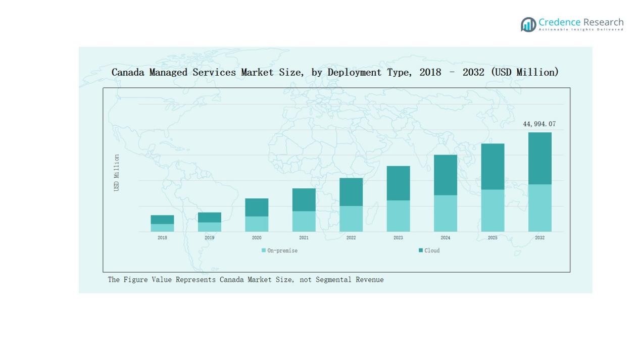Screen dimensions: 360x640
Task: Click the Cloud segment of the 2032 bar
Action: pos(539,158)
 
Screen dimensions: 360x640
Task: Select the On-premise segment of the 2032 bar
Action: pos(539,208)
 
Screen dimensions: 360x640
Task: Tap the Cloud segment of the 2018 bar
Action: pos(162,220)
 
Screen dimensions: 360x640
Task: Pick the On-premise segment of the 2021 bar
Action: pos(304,221)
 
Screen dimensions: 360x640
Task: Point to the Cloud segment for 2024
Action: pos(445,175)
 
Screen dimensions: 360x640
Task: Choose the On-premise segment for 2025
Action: pos(493,211)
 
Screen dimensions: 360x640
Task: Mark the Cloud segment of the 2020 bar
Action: pos(257,207)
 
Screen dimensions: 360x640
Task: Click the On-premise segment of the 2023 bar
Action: pos(398,216)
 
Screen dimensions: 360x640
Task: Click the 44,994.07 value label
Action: pos(539,124)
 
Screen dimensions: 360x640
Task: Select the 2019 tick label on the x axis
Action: pos(209,238)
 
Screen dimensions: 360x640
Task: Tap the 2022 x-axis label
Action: pos(351,238)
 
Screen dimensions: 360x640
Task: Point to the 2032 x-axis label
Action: pos(539,238)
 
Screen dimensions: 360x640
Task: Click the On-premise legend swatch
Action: pos(264,250)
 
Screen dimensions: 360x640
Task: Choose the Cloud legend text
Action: pos(432,250)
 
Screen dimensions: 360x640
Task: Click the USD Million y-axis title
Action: pos(117,173)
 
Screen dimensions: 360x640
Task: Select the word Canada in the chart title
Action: pos(128,72)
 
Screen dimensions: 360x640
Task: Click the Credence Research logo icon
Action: pos(528,24)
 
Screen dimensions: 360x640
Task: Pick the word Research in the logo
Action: pos(603,22)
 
